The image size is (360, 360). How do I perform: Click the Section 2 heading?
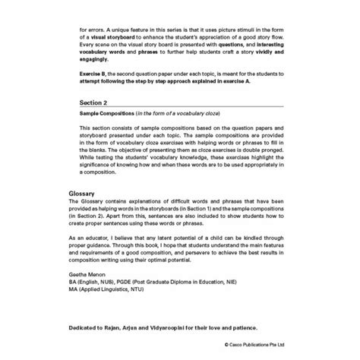93,99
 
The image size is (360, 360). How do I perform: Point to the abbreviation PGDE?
149,280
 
